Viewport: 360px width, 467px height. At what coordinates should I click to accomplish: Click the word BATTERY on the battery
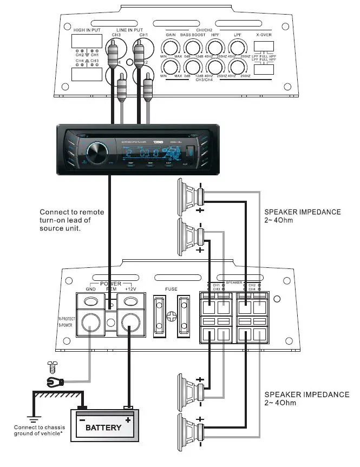coord(103,427)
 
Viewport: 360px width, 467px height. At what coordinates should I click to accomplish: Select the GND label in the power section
coord(90,289)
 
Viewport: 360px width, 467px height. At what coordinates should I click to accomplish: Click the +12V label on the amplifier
coord(132,289)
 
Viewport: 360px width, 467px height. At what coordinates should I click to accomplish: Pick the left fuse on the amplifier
coord(160,317)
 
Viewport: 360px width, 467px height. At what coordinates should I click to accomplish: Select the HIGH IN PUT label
coord(88,30)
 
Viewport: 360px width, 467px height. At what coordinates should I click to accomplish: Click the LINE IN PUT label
coord(129,30)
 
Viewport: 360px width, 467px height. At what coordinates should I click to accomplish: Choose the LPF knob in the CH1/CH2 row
coord(237,47)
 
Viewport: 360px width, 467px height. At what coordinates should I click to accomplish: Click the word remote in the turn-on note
coord(91,212)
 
